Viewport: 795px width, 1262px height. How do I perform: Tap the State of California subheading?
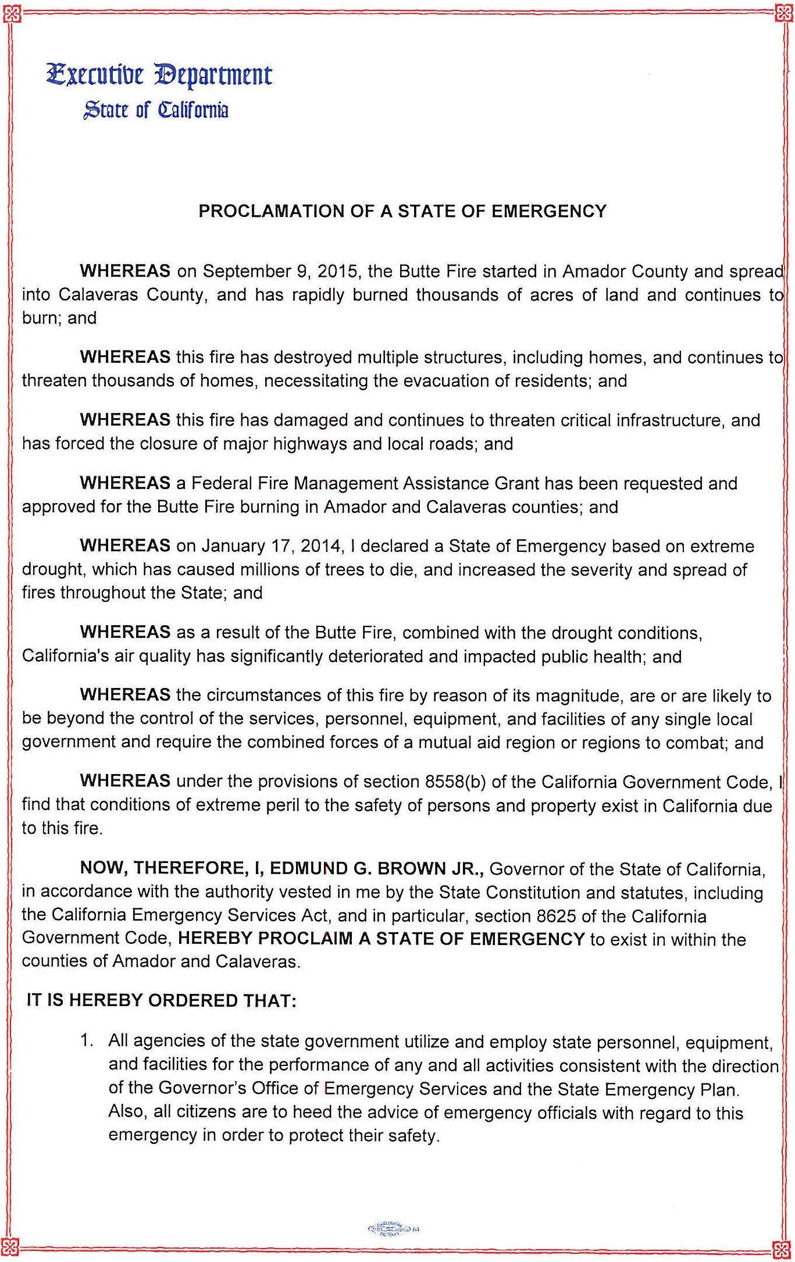(156, 109)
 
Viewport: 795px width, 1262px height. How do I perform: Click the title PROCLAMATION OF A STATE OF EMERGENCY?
(402, 211)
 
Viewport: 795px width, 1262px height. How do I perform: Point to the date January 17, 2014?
(274, 546)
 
